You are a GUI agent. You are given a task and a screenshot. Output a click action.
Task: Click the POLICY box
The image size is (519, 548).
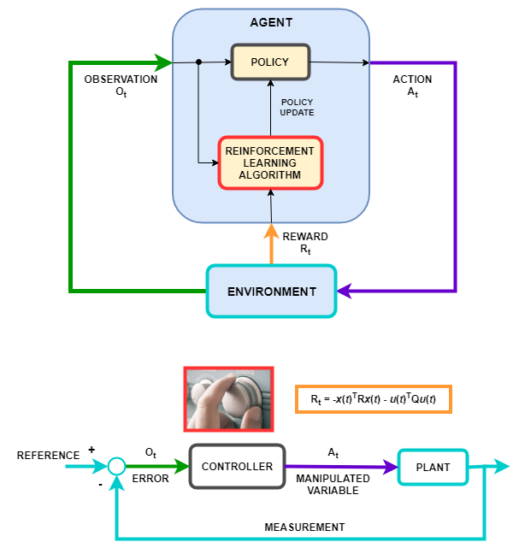270,62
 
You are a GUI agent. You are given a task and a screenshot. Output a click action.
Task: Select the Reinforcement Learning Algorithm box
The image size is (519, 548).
270,163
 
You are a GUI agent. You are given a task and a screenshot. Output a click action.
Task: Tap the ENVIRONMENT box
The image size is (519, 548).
271,292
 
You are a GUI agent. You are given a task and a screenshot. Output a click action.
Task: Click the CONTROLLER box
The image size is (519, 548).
238,466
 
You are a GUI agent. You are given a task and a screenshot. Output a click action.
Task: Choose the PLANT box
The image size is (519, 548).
433,468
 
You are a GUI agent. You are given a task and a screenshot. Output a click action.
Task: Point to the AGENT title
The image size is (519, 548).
271,22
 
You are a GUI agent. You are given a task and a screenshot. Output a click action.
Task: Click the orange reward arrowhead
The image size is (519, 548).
271,232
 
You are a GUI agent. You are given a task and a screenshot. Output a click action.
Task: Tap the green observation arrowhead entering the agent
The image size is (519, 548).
163,63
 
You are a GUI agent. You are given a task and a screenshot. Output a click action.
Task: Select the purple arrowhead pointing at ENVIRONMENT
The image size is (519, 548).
345,291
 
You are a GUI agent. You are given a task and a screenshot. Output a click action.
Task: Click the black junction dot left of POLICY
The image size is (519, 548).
199,62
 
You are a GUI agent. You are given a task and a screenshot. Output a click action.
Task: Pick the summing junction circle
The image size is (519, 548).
116,466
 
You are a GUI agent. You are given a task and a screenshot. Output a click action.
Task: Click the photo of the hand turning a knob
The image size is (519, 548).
228,399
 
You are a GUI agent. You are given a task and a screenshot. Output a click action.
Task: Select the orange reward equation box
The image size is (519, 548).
374,399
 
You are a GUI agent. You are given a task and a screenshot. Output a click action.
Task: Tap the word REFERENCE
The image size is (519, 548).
48,456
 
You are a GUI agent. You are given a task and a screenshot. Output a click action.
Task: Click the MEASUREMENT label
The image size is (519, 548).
304,527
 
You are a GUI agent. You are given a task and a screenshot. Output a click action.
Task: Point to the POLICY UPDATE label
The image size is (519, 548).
297,108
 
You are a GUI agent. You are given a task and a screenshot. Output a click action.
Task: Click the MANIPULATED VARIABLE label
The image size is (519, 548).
333,485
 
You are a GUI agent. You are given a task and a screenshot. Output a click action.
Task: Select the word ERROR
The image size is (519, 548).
150,479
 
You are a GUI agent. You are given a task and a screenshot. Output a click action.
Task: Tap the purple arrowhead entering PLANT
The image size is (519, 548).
391,467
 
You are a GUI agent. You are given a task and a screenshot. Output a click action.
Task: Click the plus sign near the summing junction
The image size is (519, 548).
91,450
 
